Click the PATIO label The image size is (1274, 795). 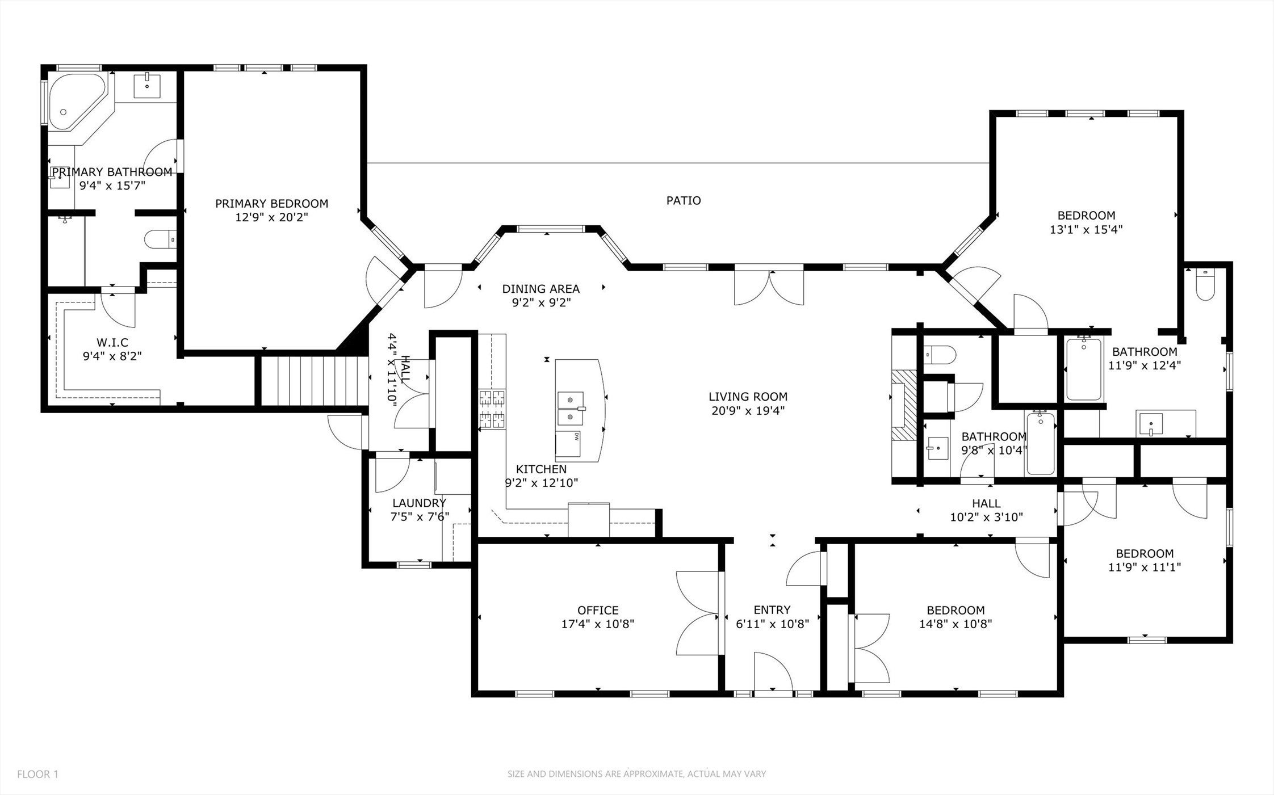click(684, 200)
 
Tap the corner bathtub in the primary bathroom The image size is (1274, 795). click(77, 102)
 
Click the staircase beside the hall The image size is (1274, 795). click(312, 380)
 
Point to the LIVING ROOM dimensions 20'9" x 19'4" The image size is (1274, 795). click(748, 410)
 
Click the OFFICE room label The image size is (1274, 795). click(598, 610)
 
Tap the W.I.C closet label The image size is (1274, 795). click(112, 342)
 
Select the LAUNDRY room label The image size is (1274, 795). click(419, 503)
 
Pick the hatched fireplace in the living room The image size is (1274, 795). click(904, 405)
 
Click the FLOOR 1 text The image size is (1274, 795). click(37, 774)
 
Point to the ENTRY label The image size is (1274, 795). click(772, 610)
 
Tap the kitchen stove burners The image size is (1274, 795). click(492, 409)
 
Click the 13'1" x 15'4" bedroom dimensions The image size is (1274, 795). click(1086, 229)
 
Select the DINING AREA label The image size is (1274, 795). click(540, 289)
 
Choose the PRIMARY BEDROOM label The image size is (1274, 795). click(271, 203)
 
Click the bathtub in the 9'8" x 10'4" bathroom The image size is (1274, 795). click(1040, 444)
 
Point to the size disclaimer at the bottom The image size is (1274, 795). click(636, 774)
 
